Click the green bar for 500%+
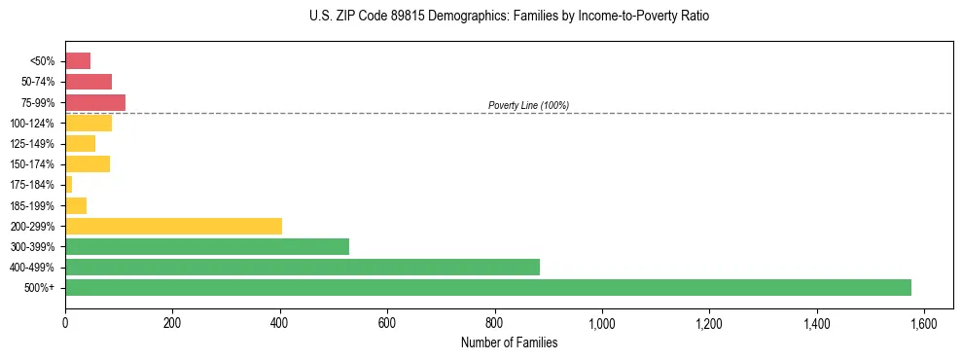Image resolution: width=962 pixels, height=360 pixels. (x=487, y=287)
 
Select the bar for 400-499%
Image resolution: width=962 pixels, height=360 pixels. (x=302, y=267)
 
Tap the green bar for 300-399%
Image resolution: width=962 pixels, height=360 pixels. (x=206, y=246)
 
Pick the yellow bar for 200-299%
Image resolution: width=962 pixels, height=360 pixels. (x=173, y=226)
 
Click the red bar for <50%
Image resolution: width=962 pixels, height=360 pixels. (x=78, y=61)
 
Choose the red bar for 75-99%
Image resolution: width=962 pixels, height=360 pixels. (x=95, y=102)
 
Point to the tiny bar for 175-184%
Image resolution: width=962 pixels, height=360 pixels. (x=68, y=184)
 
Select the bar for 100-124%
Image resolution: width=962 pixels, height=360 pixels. (x=89, y=123)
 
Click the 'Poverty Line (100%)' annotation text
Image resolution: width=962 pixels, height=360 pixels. (x=528, y=105)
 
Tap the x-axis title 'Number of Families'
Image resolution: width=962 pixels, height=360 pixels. (x=509, y=342)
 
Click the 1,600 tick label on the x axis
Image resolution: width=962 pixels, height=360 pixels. (x=924, y=323)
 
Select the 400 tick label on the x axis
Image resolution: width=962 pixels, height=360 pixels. (x=280, y=323)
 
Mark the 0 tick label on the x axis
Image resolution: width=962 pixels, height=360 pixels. (x=65, y=323)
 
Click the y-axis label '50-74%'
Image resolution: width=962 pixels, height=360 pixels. (x=38, y=82)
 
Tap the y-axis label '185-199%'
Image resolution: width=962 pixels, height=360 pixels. (x=33, y=205)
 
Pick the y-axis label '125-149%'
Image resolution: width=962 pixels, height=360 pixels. (x=33, y=144)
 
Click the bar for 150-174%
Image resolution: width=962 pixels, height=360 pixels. (x=88, y=163)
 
